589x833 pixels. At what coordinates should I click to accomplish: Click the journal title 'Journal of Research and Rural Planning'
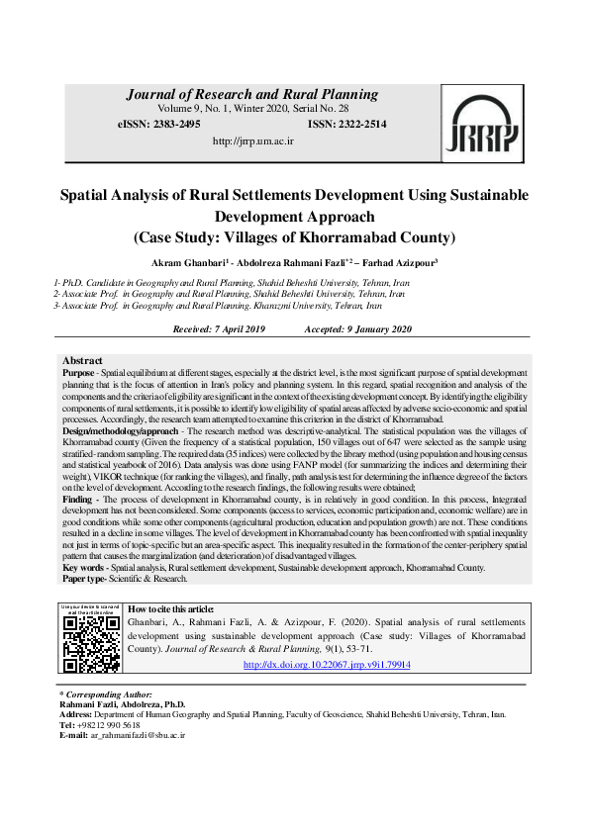click(x=251, y=95)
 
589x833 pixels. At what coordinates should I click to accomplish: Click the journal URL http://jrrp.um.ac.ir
click(x=253, y=141)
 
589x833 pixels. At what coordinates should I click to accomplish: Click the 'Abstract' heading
click(x=82, y=360)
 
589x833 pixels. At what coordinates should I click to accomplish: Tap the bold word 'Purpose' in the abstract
click(x=79, y=370)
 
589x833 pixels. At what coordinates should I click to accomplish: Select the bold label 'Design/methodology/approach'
click(x=118, y=431)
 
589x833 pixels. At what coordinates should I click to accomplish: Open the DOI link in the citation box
click(x=326, y=665)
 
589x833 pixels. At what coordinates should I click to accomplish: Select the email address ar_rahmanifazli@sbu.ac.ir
click(x=138, y=736)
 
